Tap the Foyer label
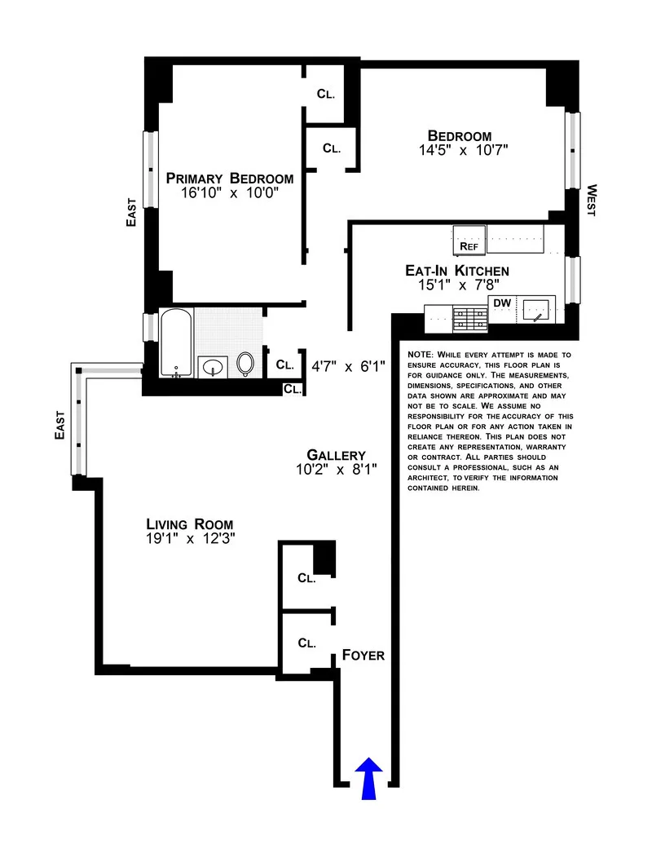point(363,655)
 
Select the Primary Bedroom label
point(229,179)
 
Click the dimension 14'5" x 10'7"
point(460,151)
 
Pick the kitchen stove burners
point(469,317)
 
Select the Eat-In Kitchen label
point(456,271)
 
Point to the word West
point(590,200)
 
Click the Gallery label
point(336,455)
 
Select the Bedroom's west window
point(574,151)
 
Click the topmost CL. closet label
point(326,93)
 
